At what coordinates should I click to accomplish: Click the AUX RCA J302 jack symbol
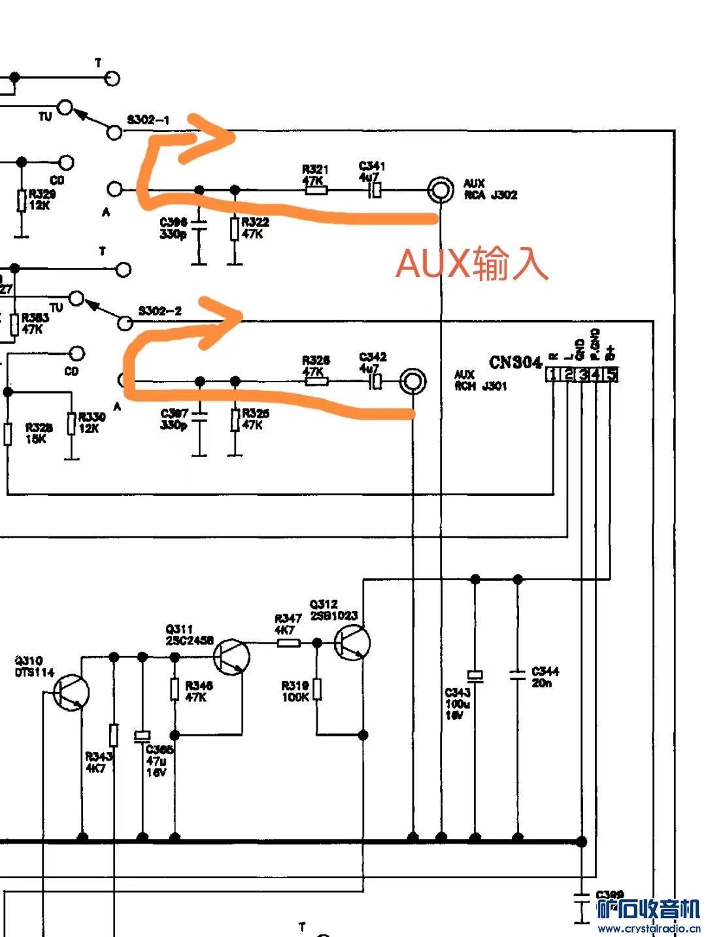point(441,190)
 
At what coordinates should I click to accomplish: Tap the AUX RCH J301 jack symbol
point(412,381)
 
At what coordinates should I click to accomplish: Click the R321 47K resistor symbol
point(316,191)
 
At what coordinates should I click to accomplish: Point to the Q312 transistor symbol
point(352,643)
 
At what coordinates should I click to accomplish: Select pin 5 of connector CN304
point(611,374)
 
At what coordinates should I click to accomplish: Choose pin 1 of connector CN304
point(553,374)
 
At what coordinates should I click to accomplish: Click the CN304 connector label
point(515,363)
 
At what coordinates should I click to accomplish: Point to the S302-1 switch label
point(148,120)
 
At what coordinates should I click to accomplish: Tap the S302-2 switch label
point(160,310)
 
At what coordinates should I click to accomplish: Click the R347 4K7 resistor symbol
point(288,643)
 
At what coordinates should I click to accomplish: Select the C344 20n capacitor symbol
point(518,675)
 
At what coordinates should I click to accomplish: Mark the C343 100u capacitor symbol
point(475,676)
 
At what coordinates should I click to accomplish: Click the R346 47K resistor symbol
point(175,689)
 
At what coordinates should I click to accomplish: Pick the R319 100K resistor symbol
point(317,689)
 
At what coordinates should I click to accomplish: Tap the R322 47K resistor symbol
point(235,229)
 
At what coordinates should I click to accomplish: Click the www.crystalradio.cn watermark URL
point(648,928)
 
